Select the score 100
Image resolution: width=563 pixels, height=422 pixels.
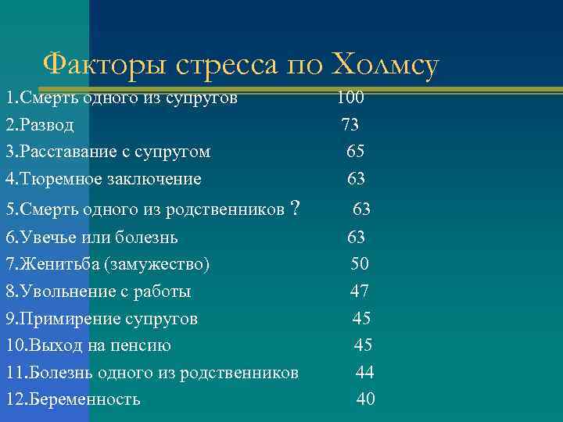point(350,98)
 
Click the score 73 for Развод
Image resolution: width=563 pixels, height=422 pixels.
point(350,124)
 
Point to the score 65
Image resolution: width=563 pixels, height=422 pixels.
point(356,151)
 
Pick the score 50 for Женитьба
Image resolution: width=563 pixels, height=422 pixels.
point(360,264)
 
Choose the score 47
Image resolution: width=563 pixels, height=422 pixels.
point(360,291)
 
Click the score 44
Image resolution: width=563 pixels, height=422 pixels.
point(364,373)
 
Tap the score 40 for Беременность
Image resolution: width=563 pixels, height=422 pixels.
point(365,399)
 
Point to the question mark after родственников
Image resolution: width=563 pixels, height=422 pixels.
point(294,209)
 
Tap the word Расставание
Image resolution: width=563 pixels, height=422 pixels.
point(66,152)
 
